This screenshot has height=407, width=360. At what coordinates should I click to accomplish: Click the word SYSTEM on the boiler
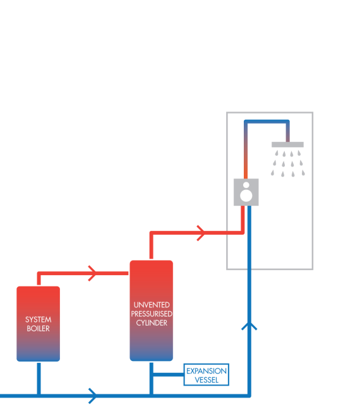[38, 319]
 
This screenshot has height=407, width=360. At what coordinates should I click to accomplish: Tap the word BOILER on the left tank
[38, 329]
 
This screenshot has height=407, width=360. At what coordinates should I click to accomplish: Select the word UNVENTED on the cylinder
[152, 305]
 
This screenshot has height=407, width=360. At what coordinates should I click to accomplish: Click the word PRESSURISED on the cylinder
[152, 314]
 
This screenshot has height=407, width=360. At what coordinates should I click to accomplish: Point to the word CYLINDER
[152, 323]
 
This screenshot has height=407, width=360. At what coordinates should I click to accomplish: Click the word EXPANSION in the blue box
[207, 371]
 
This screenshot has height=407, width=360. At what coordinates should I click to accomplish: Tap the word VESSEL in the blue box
[207, 380]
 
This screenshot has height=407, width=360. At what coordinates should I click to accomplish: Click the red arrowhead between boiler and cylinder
[92, 273]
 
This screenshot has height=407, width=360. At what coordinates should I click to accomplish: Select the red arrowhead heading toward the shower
[201, 233]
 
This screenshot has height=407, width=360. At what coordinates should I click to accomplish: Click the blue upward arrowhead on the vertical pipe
[249, 326]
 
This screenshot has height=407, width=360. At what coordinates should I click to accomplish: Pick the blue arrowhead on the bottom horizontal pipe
[93, 396]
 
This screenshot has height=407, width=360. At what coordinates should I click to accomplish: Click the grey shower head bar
[287, 145]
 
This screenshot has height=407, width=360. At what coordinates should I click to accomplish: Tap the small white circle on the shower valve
[246, 185]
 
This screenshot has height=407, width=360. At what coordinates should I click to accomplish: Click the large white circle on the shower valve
[246, 195]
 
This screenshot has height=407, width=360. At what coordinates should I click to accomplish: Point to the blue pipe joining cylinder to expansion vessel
[168, 374]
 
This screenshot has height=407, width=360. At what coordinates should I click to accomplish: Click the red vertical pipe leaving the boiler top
[39, 279]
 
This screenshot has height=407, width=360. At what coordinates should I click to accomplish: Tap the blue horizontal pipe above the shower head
[267, 122]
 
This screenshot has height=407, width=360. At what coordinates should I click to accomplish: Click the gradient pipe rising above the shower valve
[246, 151]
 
